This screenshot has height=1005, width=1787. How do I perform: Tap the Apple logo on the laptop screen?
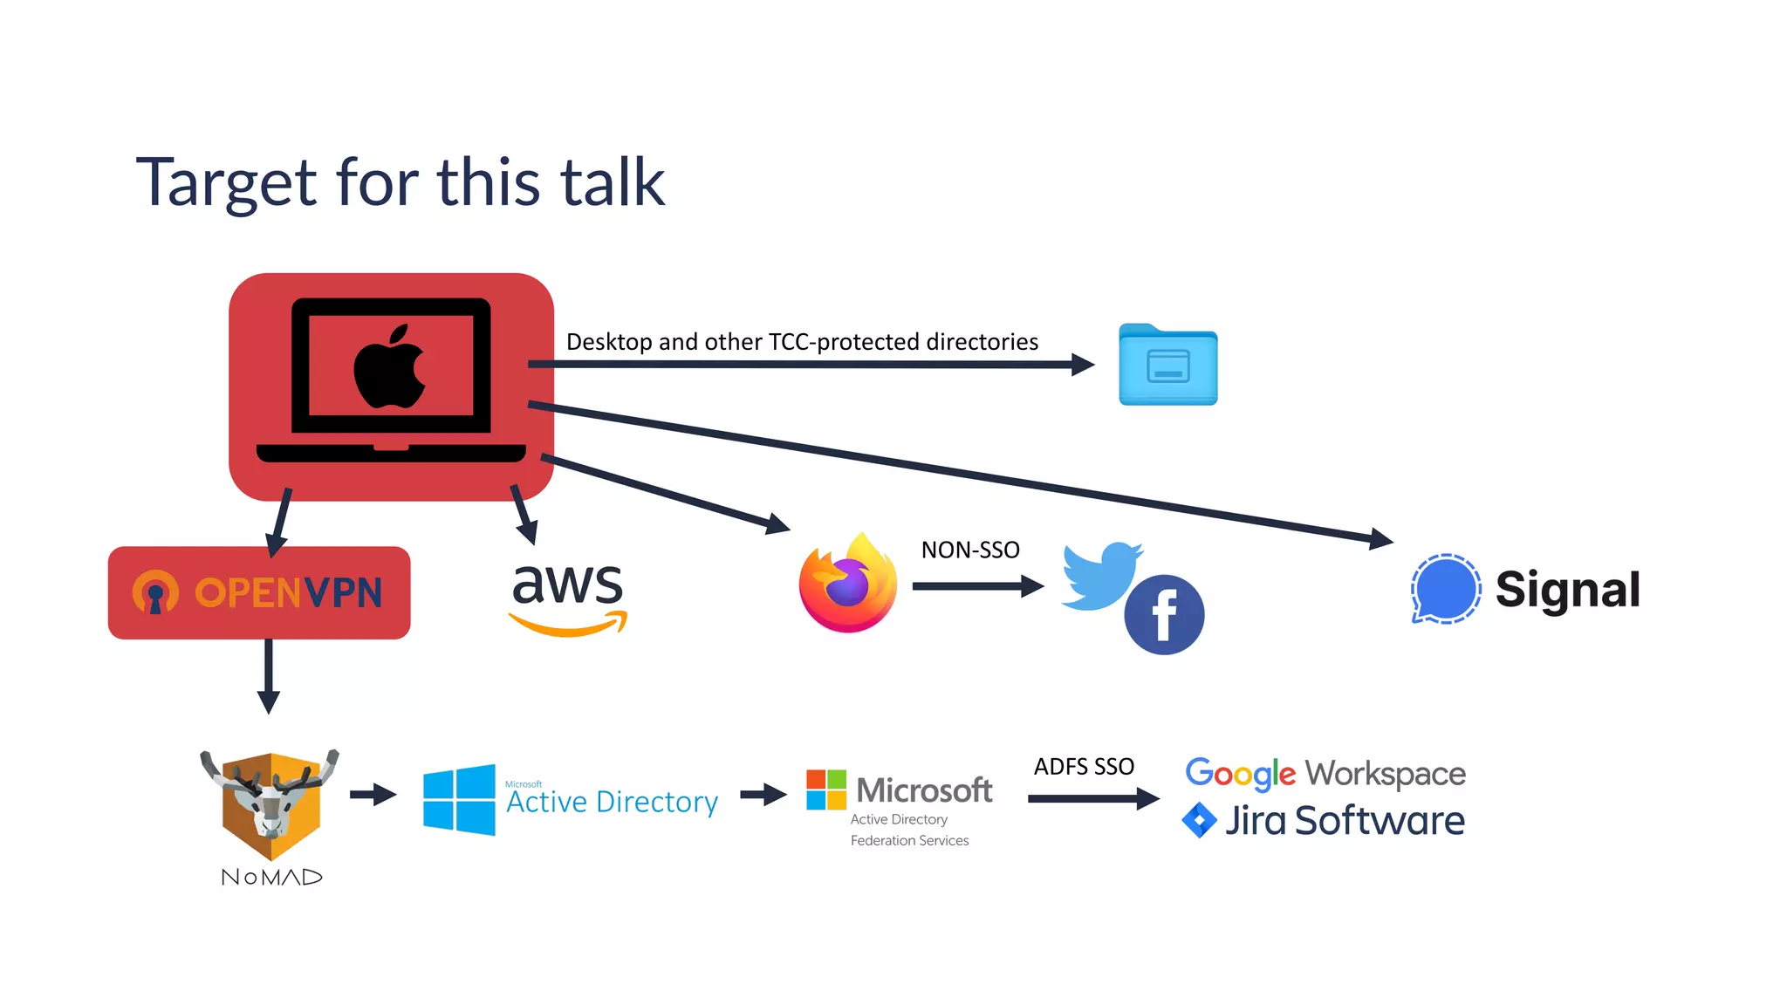pyautogui.click(x=389, y=366)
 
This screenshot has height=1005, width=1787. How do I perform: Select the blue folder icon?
pyautogui.click(x=1168, y=365)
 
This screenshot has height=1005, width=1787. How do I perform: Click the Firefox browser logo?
pyautogui.click(x=848, y=583)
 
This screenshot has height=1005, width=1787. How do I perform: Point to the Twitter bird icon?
pyautogui.click(x=1099, y=576)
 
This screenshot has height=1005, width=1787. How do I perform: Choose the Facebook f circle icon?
pyautogui.click(x=1164, y=614)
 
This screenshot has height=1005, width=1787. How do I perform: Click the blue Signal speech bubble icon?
pyautogui.click(x=1446, y=589)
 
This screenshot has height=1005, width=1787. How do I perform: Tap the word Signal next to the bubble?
pyautogui.click(x=1568, y=590)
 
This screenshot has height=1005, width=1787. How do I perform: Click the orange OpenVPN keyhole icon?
pyautogui.click(x=155, y=592)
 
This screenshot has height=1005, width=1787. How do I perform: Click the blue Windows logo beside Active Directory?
pyautogui.click(x=459, y=800)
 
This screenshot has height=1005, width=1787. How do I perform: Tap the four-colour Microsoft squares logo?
pyautogui.click(x=826, y=790)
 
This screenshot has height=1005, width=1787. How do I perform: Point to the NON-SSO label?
pyautogui.click(x=970, y=550)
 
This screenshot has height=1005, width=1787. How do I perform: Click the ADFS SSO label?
pyautogui.click(x=1084, y=766)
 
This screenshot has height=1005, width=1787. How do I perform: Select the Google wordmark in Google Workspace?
pyautogui.click(x=1240, y=775)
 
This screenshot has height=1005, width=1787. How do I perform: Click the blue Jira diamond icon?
pyautogui.click(x=1199, y=820)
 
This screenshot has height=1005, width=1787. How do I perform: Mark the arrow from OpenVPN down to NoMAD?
pyautogui.click(x=269, y=677)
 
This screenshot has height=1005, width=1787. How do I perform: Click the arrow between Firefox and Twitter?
pyautogui.click(x=978, y=586)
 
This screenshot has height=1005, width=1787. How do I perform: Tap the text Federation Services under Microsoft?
pyautogui.click(x=909, y=840)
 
